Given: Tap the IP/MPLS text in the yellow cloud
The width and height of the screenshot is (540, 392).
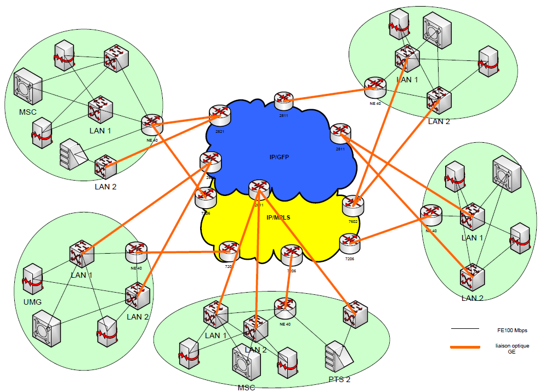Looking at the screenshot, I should click(x=278, y=217).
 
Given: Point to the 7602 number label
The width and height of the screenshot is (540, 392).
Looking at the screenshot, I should click(x=353, y=221).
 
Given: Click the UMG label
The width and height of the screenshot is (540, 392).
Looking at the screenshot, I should click(x=32, y=301).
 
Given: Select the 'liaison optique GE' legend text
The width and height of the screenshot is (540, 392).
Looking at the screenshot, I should click(x=503, y=349).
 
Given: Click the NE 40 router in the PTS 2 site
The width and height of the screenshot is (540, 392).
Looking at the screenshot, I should click(x=285, y=308).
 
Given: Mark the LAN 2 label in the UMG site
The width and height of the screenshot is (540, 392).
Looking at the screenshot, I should click(x=138, y=316).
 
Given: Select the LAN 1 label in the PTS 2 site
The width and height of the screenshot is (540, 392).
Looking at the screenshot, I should click(x=215, y=335).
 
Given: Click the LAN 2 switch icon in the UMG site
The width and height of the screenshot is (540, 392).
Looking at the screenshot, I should click(x=138, y=296).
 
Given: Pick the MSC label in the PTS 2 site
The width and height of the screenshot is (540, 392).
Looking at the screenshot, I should click(x=246, y=387).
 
